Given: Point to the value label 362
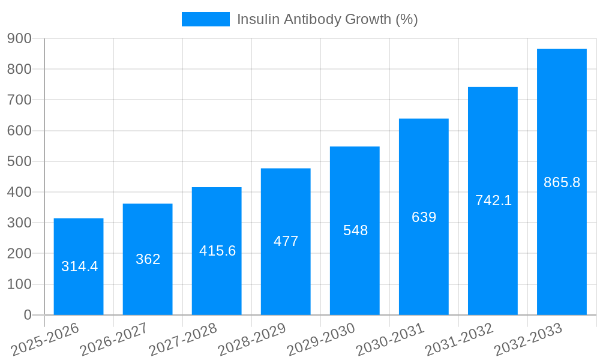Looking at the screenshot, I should (148, 259).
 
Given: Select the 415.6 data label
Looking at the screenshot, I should (217, 251).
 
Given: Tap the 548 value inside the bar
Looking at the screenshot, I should (355, 230).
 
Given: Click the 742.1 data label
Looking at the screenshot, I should (493, 201).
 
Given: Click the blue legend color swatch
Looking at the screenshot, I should (205, 19).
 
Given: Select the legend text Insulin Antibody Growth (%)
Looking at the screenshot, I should (327, 19).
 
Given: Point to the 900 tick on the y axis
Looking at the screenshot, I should (19, 38).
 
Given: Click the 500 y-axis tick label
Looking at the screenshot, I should (19, 161).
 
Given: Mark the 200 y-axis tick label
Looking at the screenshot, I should (19, 253).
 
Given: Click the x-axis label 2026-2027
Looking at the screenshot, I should (114, 340).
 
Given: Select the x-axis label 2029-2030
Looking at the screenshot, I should (321, 340).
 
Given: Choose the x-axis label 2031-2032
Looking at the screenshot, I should (459, 340).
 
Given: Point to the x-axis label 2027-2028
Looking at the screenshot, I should (183, 340).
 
